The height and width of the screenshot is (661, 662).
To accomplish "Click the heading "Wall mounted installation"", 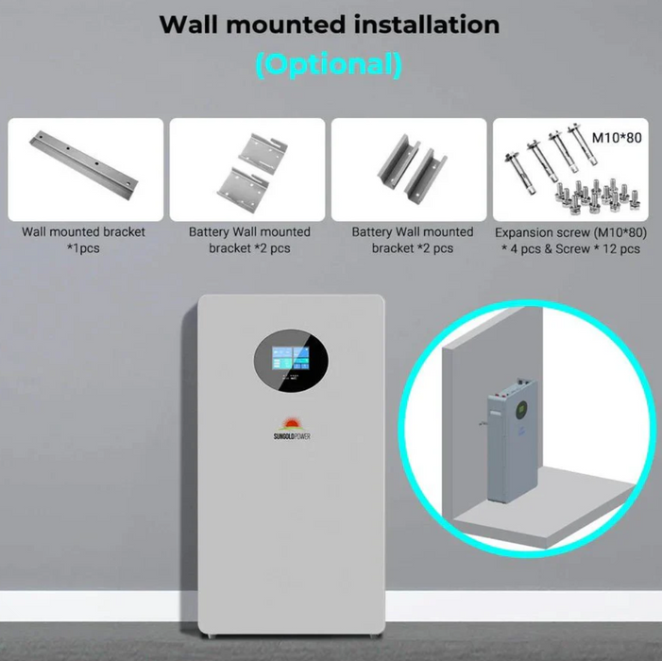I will [330, 24].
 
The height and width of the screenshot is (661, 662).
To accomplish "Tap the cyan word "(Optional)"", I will [329, 65].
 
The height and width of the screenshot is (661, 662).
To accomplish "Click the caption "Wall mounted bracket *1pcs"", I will [85, 239].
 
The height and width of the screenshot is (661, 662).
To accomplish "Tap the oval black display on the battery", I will [291, 367].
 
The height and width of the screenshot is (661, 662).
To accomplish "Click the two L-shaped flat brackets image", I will [246, 164].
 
